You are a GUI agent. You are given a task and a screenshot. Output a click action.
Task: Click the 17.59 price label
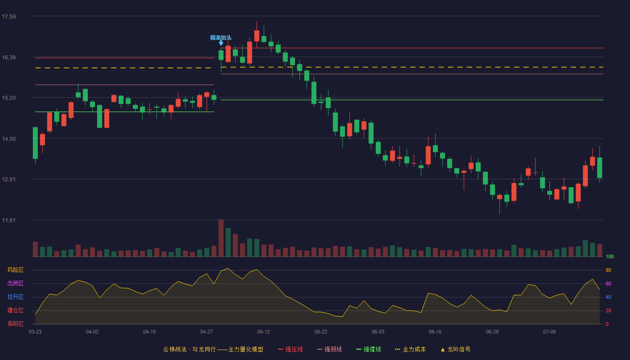point(9,17)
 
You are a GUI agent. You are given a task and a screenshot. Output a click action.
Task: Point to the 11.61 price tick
point(9,220)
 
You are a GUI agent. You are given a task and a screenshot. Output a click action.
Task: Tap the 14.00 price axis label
point(9,139)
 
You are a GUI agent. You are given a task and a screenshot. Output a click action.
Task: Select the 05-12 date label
point(264,332)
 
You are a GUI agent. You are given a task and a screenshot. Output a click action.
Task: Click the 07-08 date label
point(549,332)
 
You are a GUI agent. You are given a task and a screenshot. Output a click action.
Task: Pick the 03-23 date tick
point(35,332)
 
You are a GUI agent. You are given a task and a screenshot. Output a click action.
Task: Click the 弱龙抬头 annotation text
point(221,38)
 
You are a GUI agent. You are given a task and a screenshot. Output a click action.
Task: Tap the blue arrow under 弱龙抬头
point(221,43)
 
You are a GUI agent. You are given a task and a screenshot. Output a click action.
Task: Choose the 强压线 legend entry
point(290,349)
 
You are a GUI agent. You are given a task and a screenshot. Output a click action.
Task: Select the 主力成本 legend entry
point(410,349)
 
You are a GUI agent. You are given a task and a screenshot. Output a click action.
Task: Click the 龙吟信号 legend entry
point(455,349)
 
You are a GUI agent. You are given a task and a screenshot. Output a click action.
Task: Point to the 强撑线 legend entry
point(369,349)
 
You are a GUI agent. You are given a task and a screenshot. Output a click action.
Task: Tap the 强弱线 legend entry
point(329,349)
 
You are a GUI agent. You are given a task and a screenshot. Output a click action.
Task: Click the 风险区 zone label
point(15,270)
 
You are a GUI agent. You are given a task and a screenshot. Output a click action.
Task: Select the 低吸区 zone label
point(15,324)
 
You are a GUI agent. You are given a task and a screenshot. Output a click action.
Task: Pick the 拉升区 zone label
point(15,297)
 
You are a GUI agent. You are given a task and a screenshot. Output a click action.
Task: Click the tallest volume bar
point(221,238)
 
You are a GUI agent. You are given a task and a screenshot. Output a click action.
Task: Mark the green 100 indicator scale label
point(610,256)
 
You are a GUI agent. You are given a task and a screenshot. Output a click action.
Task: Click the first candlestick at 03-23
point(35,143)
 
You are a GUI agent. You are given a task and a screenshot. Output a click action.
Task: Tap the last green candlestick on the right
point(599,167)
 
